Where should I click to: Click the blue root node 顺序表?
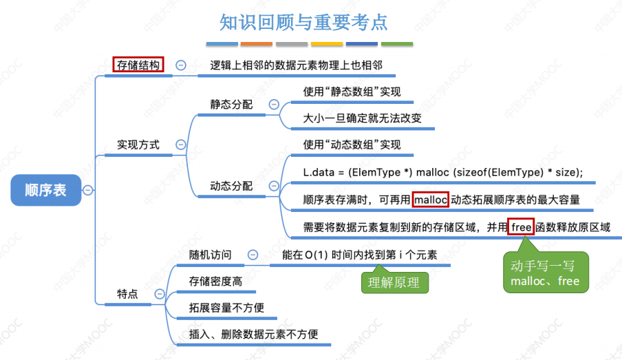coord(45,190)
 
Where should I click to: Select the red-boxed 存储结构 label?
coord(138,65)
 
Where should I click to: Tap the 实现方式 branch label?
coord(138,145)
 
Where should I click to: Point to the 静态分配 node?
coord(231,105)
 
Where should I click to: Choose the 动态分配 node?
coord(231,187)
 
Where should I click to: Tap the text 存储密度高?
coord(215,281)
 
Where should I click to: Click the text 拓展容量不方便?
coord(226,308)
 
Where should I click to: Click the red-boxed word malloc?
coord(431,200)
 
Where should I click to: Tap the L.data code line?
coord(442,172)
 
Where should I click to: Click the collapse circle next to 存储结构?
coord(181,65)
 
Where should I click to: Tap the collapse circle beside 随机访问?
coord(253,255)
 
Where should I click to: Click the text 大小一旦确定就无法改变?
coord(363,118)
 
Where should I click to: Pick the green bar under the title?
coord(396,44)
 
